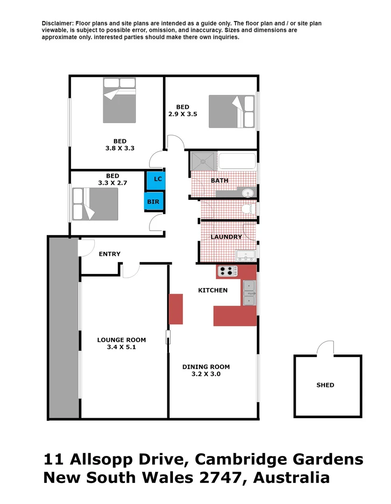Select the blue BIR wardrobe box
coord(153,202)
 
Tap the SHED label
coord(325,385)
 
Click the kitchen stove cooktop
coord(227,270)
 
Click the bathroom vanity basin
coord(249,192)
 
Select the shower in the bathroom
coord(203,161)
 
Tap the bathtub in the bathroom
coord(237,161)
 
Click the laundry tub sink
coord(246,255)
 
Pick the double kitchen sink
coord(249,293)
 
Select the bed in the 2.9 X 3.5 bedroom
coord(231,112)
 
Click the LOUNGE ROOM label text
coord(121,340)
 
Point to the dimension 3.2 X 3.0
coord(206,374)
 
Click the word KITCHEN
coord(213,290)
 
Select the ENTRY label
coord(110,254)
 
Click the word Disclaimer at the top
coord(57,23)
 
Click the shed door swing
coord(325,348)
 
